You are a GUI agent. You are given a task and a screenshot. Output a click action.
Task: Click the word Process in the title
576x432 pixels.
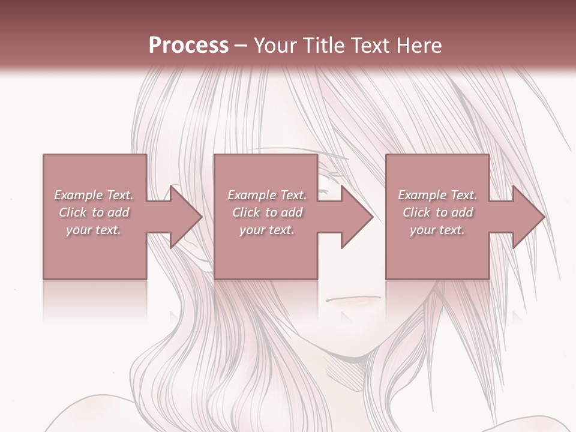(188, 46)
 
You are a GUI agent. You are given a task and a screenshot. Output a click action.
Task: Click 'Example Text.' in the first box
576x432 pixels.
(94, 195)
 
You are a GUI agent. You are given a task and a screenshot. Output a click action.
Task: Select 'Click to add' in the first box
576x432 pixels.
(94, 212)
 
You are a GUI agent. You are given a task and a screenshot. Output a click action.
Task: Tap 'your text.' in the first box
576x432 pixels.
(94, 230)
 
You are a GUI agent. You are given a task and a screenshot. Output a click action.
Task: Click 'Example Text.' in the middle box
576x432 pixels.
(266, 195)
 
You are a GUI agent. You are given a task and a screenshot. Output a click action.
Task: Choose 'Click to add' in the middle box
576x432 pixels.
(267, 212)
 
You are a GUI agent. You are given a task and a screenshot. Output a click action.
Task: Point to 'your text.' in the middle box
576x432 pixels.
(266, 230)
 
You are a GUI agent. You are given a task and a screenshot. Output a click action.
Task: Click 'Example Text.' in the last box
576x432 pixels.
(437, 195)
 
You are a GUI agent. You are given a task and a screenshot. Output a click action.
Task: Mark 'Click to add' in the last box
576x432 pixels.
(438, 212)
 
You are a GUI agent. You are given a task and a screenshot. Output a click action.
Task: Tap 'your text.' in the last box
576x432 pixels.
(437, 230)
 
